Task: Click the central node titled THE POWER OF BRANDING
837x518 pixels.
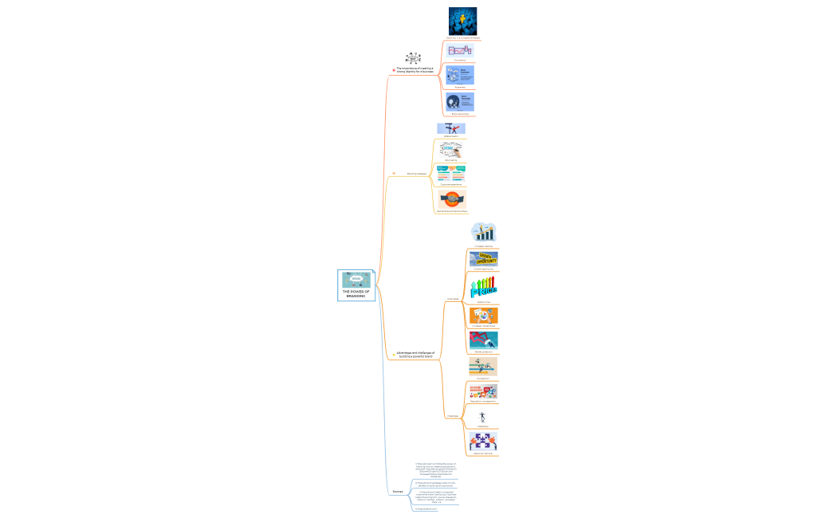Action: click(x=356, y=285)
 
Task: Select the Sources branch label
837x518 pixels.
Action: click(x=397, y=492)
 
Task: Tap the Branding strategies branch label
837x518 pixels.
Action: click(x=416, y=173)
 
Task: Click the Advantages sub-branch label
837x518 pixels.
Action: click(x=452, y=299)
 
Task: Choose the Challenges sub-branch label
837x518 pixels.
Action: click(x=452, y=416)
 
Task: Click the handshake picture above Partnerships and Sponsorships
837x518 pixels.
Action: click(x=451, y=198)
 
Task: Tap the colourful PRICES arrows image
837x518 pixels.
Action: click(x=483, y=286)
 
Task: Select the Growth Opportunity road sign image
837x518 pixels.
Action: click(x=483, y=258)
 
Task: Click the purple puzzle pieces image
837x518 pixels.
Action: click(x=483, y=441)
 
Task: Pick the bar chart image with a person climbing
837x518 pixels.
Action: click(x=483, y=232)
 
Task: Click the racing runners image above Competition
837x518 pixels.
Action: click(x=483, y=366)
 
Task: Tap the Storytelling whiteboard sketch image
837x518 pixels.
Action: click(x=451, y=149)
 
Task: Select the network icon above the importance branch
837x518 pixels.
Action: click(x=412, y=58)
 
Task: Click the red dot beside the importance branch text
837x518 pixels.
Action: click(x=394, y=71)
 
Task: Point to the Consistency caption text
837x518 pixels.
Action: click(x=460, y=60)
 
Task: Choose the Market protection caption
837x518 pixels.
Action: click(x=483, y=351)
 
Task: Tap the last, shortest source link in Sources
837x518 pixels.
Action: click(x=426, y=509)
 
